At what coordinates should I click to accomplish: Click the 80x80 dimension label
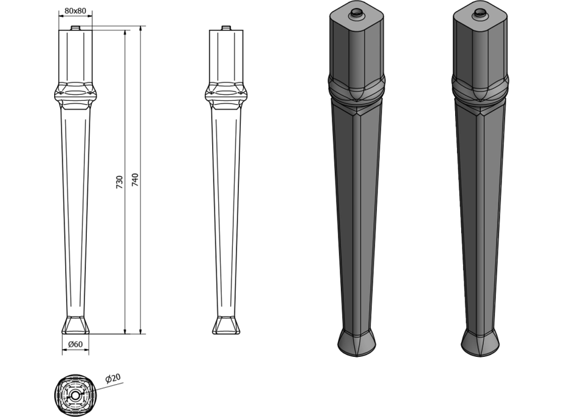[75, 10]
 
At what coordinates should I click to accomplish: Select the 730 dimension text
[120, 182]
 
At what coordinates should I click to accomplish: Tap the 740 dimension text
[135, 180]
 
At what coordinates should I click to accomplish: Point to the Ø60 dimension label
[75, 344]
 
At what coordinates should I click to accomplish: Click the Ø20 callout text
[113, 379]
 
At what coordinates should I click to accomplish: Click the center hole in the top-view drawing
[75, 395]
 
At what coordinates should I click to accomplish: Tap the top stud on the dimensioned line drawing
[75, 28]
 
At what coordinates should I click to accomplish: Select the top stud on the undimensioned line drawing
[226, 28]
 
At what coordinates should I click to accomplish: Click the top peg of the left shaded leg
[357, 13]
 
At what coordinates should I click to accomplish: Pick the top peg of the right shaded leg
[480, 13]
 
